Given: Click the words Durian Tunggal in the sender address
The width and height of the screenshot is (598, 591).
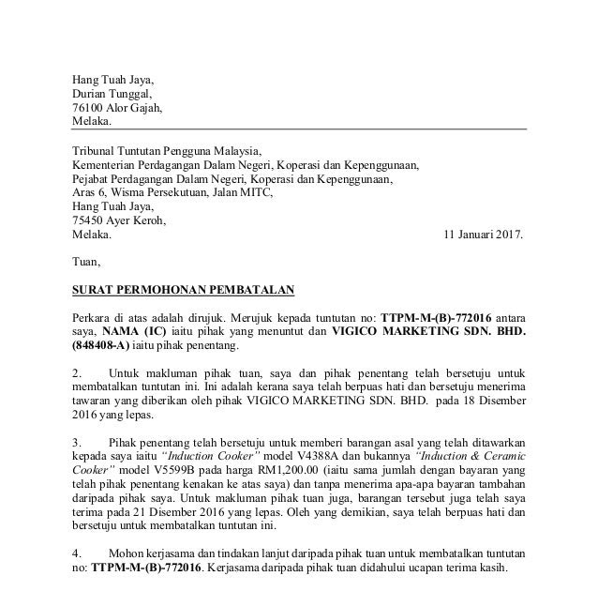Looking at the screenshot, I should click(111, 93).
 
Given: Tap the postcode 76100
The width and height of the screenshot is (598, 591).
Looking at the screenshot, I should click(89, 108).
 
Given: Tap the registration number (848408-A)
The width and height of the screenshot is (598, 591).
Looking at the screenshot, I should click(106, 346).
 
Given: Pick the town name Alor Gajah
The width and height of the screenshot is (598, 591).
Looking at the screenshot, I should click(135, 108).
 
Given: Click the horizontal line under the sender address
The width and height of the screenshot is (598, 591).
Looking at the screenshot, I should click(299, 129).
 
